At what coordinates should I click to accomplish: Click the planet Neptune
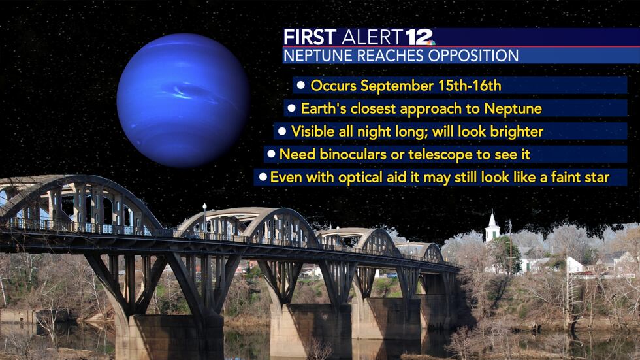183,100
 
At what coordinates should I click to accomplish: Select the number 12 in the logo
419,37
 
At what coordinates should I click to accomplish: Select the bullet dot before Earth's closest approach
291,108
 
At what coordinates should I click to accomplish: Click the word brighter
516,131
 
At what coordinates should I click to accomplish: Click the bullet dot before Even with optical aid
263,177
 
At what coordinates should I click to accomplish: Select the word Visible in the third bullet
312,131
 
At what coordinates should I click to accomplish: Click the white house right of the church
573,265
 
